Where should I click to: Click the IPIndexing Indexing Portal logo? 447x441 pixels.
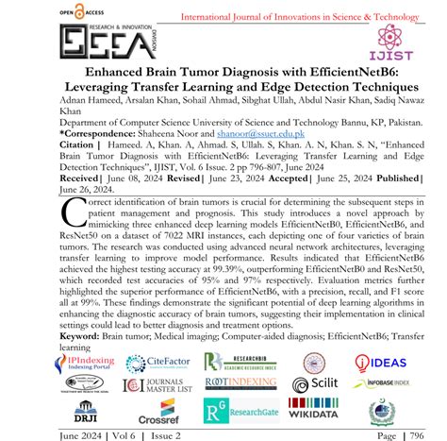(86, 362)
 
